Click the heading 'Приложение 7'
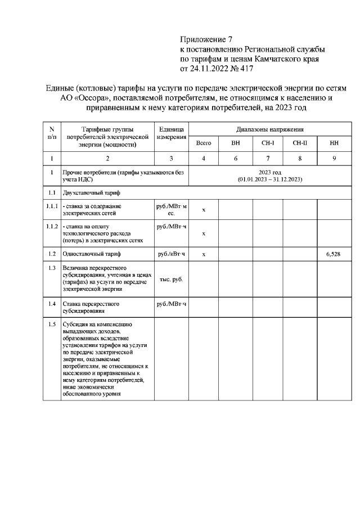click(206, 39)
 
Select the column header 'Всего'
click(203, 143)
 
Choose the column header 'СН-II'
click(300, 143)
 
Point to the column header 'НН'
click(334, 143)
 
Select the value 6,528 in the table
click(334, 254)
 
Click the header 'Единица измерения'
click(171, 134)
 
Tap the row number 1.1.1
click(52, 206)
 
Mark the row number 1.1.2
click(52, 226)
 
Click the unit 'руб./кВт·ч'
click(171, 254)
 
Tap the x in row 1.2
click(204, 254)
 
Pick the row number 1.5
click(52, 324)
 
